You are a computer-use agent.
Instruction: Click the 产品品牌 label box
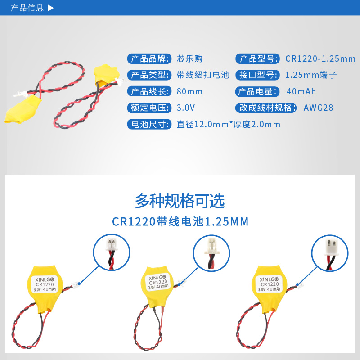150,59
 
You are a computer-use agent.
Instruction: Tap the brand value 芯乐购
189,59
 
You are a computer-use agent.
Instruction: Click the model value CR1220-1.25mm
320,59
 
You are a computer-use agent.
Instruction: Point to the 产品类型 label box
150,75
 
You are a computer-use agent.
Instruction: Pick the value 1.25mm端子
311,75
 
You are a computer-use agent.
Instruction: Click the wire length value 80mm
189,92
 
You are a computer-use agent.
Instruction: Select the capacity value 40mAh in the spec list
301,92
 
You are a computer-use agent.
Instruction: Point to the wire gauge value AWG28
319,108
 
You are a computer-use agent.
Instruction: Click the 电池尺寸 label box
150,124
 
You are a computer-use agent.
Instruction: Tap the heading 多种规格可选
180,201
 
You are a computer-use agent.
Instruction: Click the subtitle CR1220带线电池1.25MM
180,222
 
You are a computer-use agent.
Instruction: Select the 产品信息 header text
27,8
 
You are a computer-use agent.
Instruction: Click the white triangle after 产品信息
51,8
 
